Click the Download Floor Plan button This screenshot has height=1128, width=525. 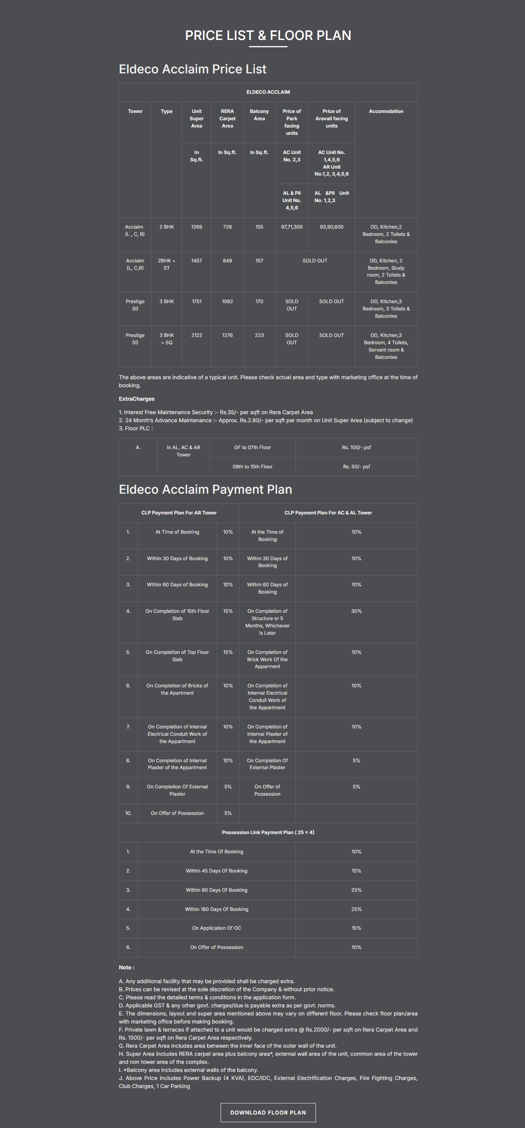(x=268, y=1112)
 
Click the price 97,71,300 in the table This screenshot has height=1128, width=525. (x=292, y=227)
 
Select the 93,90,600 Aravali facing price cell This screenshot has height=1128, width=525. (x=331, y=227)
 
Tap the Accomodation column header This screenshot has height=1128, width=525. (x=386, y=111)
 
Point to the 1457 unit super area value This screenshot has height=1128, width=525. (x=197, y=260)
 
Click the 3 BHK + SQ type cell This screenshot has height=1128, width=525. (x=166, y=339)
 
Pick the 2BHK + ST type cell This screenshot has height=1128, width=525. (x=166, y=264)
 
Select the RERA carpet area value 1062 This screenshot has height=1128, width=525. (x=227, y=301)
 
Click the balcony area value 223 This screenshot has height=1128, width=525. (x=259, y=335)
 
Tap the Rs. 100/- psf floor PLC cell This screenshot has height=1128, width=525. (x=356, y=448)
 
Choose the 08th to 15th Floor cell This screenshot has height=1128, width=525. (x=252, y=467)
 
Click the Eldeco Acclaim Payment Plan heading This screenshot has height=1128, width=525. (x=205, y=489)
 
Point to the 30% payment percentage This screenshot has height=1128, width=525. (x=356, y=611)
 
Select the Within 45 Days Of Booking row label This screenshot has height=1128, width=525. (x=216, y=871)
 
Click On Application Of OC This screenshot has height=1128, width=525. (x=216, y=928)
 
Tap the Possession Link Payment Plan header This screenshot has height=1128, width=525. (x=268, y=833)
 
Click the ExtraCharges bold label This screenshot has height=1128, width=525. (x=136, y=399)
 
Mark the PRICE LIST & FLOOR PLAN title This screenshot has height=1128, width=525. (x=268, y=35)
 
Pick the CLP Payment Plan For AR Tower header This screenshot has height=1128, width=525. (x=179, y=513)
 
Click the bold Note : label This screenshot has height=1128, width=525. (x=126, y=967)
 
